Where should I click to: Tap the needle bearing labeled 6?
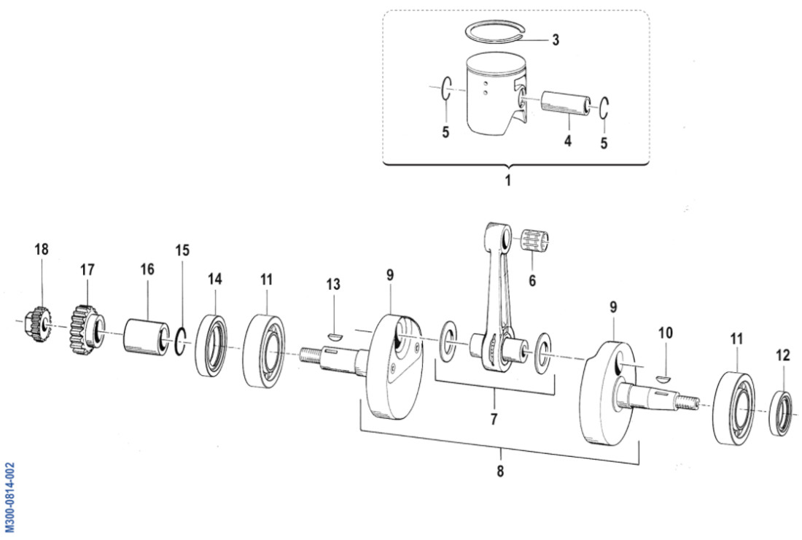(x=538, y=241)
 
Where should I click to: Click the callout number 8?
(x=500, y=471)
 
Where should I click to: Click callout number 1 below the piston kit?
(x=508, y=180)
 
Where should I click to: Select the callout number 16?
(x=147, y=269)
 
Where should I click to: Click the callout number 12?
(x=782, y=355)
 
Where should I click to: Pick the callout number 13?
(x=333, y=285)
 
